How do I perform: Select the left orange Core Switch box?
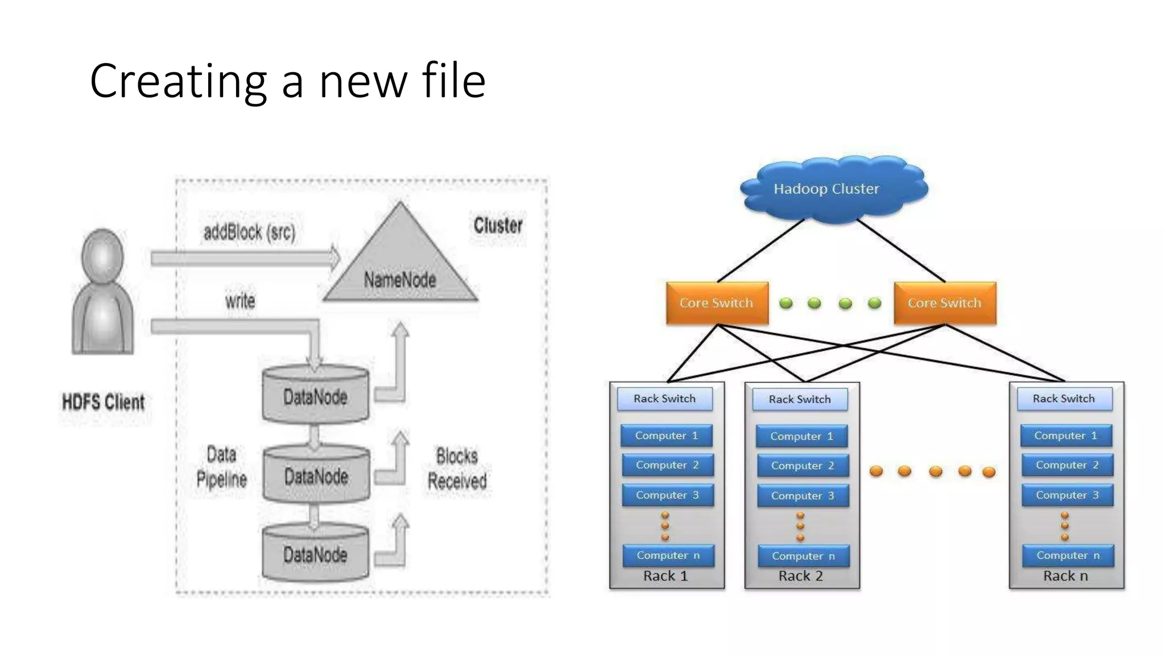point(717,303)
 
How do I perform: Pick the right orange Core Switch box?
point(945,303)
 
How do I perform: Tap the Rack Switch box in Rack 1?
point(664,399)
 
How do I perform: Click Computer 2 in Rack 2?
point(802,466)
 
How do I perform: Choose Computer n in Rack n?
point(1068,555)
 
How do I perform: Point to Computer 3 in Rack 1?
point(667,495)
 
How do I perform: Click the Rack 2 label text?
point(800,576)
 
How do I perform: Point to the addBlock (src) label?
point(250,232)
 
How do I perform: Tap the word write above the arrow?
point(240,301)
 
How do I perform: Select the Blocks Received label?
point(457,469)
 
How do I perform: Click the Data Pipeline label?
point(221,467)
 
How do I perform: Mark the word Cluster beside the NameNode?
point(498,226)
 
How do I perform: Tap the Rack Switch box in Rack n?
point(1064,399)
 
